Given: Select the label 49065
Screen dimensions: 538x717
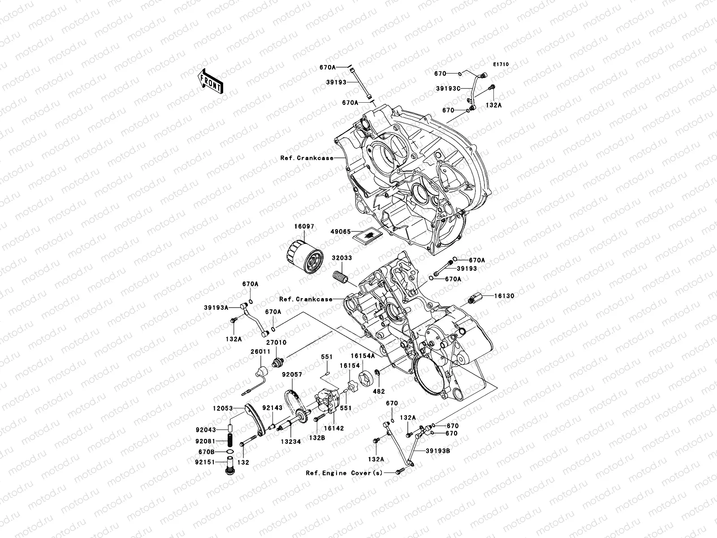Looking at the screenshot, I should (341, 232).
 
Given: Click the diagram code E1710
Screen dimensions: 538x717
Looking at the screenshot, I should (501, 65).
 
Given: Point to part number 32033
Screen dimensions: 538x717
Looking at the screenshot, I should (341, 258).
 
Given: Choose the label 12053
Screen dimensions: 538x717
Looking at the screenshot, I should (222, 408).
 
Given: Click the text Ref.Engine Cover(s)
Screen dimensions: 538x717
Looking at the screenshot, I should (344, 473).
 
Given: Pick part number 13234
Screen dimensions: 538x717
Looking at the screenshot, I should (291, 441).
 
